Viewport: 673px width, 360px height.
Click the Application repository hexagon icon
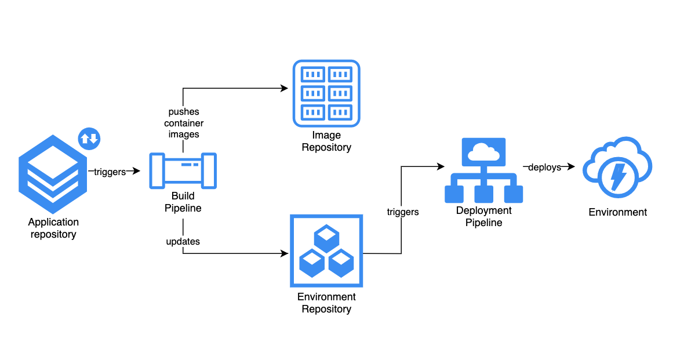pyautogui.click(x=53, y=174)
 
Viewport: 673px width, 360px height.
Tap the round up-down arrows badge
pyautogui.click(x=89, y=139)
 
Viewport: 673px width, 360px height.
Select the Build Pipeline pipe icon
pyautogui.click(x=183, y=171)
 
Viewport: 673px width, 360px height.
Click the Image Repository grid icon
pyautogui.click(x=326, y=93)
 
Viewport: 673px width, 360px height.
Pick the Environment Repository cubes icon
pyautogui.click(x=326, y=250)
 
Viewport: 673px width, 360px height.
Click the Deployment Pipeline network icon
pyautogui.click(x=483, y=170)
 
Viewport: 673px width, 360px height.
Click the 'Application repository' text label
pyautogui.click(x=53, y=228)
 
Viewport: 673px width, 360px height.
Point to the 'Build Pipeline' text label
pyautogui.click(x=183, y=202)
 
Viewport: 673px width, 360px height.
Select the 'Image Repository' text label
pyautogui.click(x=326, y=141)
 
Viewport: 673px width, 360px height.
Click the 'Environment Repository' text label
pyautogui.click(x=326, y=303)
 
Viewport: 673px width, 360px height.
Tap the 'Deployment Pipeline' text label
pyautogui.click(x=483, y=216)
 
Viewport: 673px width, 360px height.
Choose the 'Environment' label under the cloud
pyautogui.click(x=618, y=212)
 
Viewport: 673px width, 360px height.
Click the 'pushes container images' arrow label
pyautogui.click(x=183, y=123)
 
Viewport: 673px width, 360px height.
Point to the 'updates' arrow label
pyautogui.click(x=183, y=241)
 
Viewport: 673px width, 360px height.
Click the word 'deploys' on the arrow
pyautogui.click(x=545, y=168)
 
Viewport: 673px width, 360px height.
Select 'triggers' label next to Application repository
pyautogui.click(x=110, y=172)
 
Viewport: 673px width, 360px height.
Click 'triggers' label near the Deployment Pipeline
pyautogui.click(x=403, y=212)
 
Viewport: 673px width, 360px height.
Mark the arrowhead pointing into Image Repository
pyautogui.click(x=284, y=88)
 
